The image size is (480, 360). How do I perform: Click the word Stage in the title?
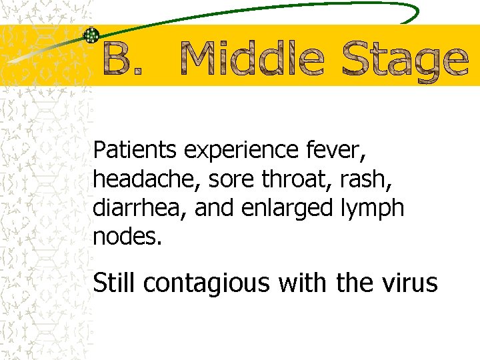point(405,61)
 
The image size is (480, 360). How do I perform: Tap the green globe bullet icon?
point(91,35)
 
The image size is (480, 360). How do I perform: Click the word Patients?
point(136,151)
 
